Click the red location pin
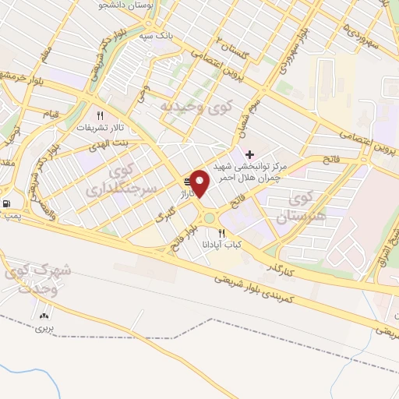click(x=201, y=184)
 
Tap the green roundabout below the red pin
click(x=208, y=219)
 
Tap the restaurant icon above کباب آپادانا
click(x=222, y=232)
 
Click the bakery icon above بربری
click(x=44, y=316)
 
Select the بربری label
click(x=42, y=329)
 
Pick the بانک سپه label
click(x=155, y=36)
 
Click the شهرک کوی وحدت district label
click(x=37, y=278)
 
